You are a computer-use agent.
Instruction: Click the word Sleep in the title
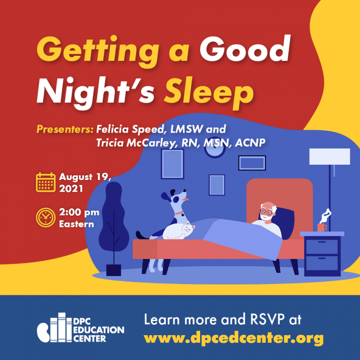[x=209, y=93]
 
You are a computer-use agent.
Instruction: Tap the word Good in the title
[x=245, y=49]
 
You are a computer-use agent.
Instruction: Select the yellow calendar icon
[x=45, y=182]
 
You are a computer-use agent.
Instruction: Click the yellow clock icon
[x=45, y=217]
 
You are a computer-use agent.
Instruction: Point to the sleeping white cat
[x=179, y=230]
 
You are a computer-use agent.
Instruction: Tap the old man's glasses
[x=267, y=212]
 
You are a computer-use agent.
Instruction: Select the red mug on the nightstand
[x=322, y=227]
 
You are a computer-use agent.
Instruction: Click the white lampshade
[x=330, y=157]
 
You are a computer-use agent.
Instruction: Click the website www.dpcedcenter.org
[x=233, y=337]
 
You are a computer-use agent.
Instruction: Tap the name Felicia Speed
[x=130, y=129]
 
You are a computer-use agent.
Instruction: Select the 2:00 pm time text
[x=79, y=212]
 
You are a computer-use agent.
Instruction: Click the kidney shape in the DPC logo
[x=44, y=332]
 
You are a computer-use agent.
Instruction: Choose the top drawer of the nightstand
[x=322, y=247]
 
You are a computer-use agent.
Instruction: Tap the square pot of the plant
[x=113, y=270]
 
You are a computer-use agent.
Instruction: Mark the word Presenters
[x=65, y=129]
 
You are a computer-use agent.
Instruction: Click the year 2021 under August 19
[x=71, y=189]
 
